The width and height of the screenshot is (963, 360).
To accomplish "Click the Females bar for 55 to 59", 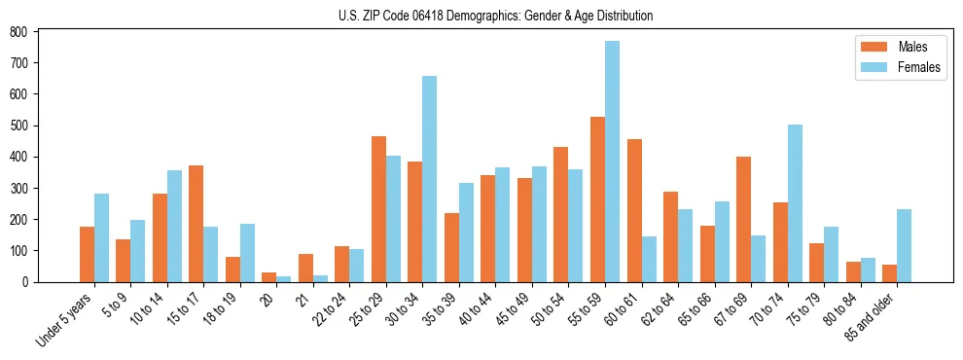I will (x=612, y=162).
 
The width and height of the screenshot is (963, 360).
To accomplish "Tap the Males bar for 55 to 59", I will (x=597, y=199).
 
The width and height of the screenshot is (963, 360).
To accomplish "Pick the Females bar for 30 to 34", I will (x=429, y=179).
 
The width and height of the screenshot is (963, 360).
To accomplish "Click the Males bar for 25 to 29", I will (x=378, y=209).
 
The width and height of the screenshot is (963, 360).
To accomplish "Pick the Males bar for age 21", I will (x=305, y=268).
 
